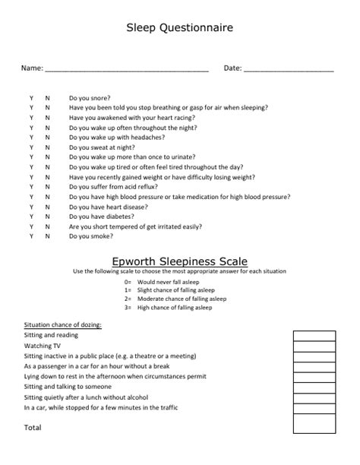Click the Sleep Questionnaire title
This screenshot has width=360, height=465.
pos(179,29)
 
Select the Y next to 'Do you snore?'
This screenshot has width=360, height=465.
pos(31,98)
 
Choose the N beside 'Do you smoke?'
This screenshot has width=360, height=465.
pos(47,236)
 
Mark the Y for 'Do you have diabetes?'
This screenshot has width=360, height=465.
pos(31,217)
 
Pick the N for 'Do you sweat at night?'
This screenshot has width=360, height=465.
pos(47,147)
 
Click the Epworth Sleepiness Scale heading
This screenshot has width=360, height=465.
pos(179,261)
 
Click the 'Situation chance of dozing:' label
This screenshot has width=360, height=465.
pos(63,324)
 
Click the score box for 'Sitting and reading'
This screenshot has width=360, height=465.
pos(314,335)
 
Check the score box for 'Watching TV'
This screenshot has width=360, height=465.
pos(314,346)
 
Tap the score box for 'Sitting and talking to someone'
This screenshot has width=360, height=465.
pos(314,387)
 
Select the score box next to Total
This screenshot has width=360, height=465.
pos(314,428)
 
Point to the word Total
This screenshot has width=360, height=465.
pos(33,428)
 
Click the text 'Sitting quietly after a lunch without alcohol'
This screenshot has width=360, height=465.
pos(86,397)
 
